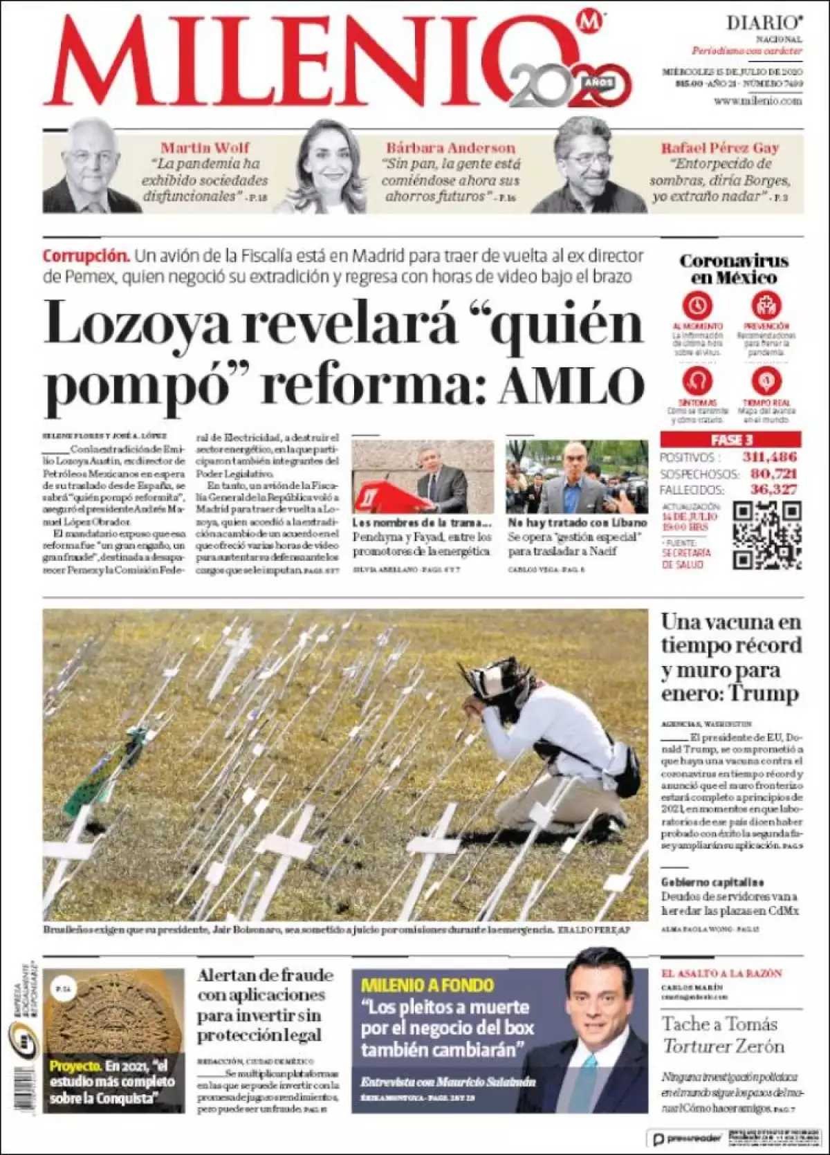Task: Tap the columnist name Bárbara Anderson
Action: click(450, 147)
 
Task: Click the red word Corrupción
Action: click(86, 255)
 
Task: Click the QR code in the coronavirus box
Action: click(766, 535)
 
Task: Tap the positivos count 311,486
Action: click(769, 457)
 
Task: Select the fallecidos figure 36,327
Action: click(773, 490)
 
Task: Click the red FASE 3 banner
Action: click(730, 440)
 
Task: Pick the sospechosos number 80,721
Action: click(773, 474)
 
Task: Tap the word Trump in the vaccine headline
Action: click(764, 693)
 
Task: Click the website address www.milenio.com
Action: click(757, 101)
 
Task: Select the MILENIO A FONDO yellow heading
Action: click(427, 986)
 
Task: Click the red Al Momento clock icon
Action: click(697, 305)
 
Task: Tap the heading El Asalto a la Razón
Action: click(721, 973)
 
